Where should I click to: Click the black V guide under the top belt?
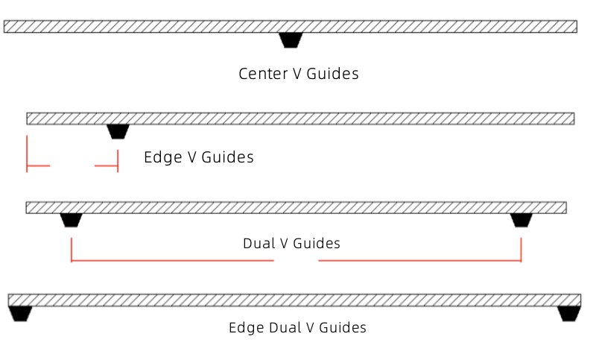(x=291, y=40)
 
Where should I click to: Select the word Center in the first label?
(x=260, y=74)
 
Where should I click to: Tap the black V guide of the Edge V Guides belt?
(x=118, y=131)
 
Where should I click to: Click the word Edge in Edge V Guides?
(x=159, y=157)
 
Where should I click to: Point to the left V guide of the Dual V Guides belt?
(x=71, y=220)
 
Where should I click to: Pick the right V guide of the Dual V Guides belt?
(x=521, y=220)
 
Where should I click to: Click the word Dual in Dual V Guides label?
(x=258, y=244)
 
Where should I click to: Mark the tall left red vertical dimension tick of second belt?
(x=27, y=153)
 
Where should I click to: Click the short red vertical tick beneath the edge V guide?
(x=118, y=161)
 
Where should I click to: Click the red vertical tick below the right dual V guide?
(x=521, y=250)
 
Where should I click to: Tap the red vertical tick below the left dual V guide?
(x=72, y=250)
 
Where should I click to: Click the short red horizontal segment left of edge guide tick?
(x=107, y=165)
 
